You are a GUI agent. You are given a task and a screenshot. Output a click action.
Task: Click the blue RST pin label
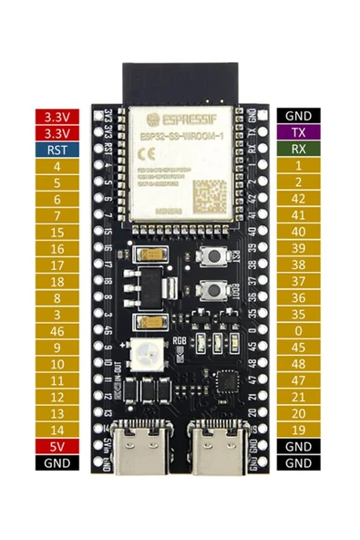pyautogui.click(x=57, y=150)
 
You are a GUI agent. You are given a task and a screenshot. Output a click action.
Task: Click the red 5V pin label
pyautogui.click(x=57, y=445)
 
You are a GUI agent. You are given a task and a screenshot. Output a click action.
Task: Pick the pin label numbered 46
pyautogui.click(x=57, y=330)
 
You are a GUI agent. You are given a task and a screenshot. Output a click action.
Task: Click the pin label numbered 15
pyautogui.click(x=57, y=232)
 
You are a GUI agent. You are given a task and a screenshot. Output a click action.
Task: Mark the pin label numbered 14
pyautogui.click(x=57, y=429)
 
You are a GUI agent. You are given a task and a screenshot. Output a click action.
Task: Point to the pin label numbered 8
pyautogui.click(x=57, y=297)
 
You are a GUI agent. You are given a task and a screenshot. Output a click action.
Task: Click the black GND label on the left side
pyautogui.click(x=57, y=462)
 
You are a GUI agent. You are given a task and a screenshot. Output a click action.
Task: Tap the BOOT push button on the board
pyautogui.click(x=213, y=292)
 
